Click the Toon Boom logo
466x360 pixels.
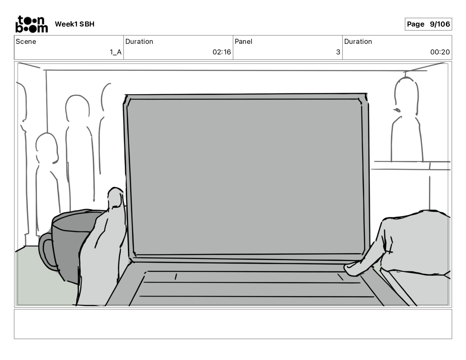point(31,24)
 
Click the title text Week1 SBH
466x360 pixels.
point(74,24)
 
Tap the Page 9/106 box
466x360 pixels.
point(428,24)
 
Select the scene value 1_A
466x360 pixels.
point(116,52)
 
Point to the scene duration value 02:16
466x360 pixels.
point(222,52)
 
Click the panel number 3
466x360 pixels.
point(338,52)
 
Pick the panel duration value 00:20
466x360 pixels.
point(440,52)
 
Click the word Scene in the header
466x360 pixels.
point(26,41)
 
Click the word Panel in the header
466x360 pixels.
point(243,41)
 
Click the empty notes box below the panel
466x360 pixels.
point(233,324)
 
